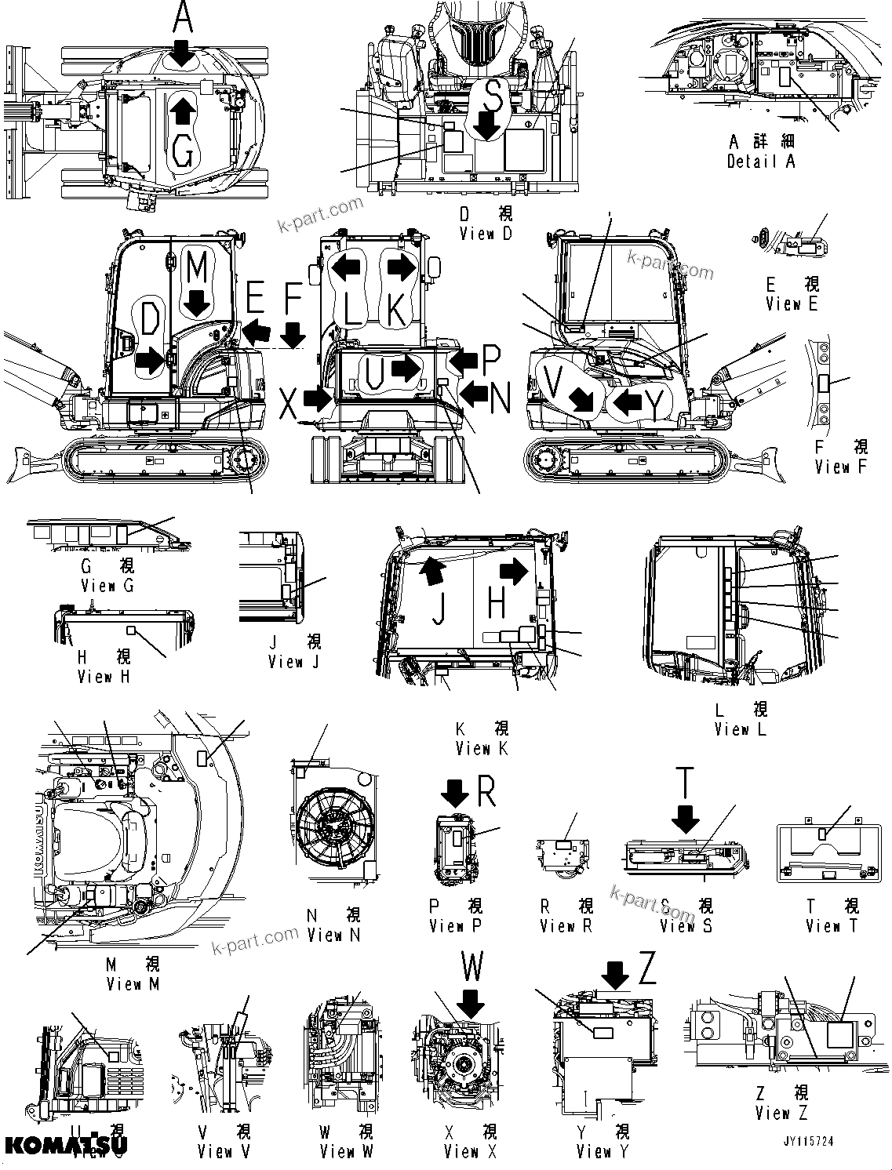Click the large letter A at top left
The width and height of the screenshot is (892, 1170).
point(182,17)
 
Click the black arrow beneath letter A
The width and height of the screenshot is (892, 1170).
point(182,54)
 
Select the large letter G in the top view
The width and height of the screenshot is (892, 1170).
point(182,152)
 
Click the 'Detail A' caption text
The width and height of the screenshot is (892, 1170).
point(760,161)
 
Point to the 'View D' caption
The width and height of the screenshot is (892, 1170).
point(486,233)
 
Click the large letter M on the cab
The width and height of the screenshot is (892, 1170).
point(197,267)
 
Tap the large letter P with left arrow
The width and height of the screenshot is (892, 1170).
point(490,360)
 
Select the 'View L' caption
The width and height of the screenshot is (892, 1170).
point(741,729)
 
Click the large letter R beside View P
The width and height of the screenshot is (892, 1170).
point(486,793)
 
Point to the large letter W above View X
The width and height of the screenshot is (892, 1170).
point(471,968)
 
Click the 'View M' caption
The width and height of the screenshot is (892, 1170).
point(133,983)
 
